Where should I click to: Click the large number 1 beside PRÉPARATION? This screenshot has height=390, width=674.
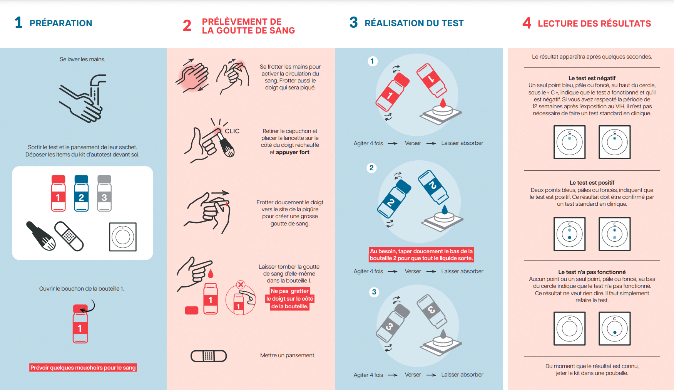18,22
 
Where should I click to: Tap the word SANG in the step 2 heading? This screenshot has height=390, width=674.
283,31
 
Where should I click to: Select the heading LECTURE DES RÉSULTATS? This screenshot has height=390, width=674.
594,24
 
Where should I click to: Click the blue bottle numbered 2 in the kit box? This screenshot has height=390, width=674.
81,193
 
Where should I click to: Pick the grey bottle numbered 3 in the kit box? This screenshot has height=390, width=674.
104,193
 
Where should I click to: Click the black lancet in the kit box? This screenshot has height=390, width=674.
41,235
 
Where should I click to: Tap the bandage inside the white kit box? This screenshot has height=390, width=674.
69,236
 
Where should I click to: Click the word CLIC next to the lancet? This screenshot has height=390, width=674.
232,131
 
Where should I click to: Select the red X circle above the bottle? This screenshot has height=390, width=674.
241,285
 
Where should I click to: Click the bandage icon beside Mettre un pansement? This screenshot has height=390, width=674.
209,356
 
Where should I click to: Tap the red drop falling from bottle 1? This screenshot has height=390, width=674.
443,103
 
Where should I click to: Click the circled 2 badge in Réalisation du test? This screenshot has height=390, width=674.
371,168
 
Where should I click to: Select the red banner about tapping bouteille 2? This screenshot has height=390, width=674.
421,255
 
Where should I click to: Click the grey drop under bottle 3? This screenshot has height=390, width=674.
443,333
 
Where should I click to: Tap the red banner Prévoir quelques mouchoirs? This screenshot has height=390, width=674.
83,368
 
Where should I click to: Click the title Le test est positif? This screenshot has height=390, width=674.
592,183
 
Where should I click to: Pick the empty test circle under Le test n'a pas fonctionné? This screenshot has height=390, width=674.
570,328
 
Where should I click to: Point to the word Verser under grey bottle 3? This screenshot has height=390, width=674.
413,375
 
